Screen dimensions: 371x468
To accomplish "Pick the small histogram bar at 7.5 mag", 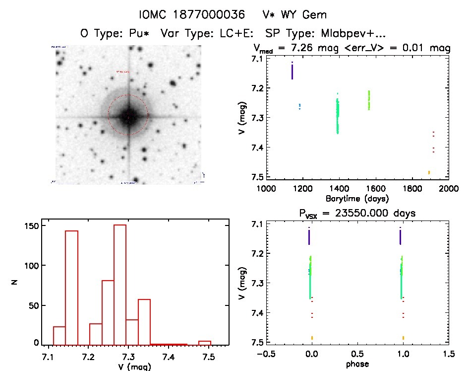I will coord(205,343).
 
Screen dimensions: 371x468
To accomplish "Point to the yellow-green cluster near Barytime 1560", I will coord(369,100).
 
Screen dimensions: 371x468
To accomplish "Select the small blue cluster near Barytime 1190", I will coord(299,106).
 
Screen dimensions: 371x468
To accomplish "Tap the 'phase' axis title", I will coord(357,364).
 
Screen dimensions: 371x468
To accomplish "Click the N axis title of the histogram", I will coord(16,284).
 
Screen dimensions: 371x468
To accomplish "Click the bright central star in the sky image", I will coord(128,116).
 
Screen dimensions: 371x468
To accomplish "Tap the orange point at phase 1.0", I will coord(403,338).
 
